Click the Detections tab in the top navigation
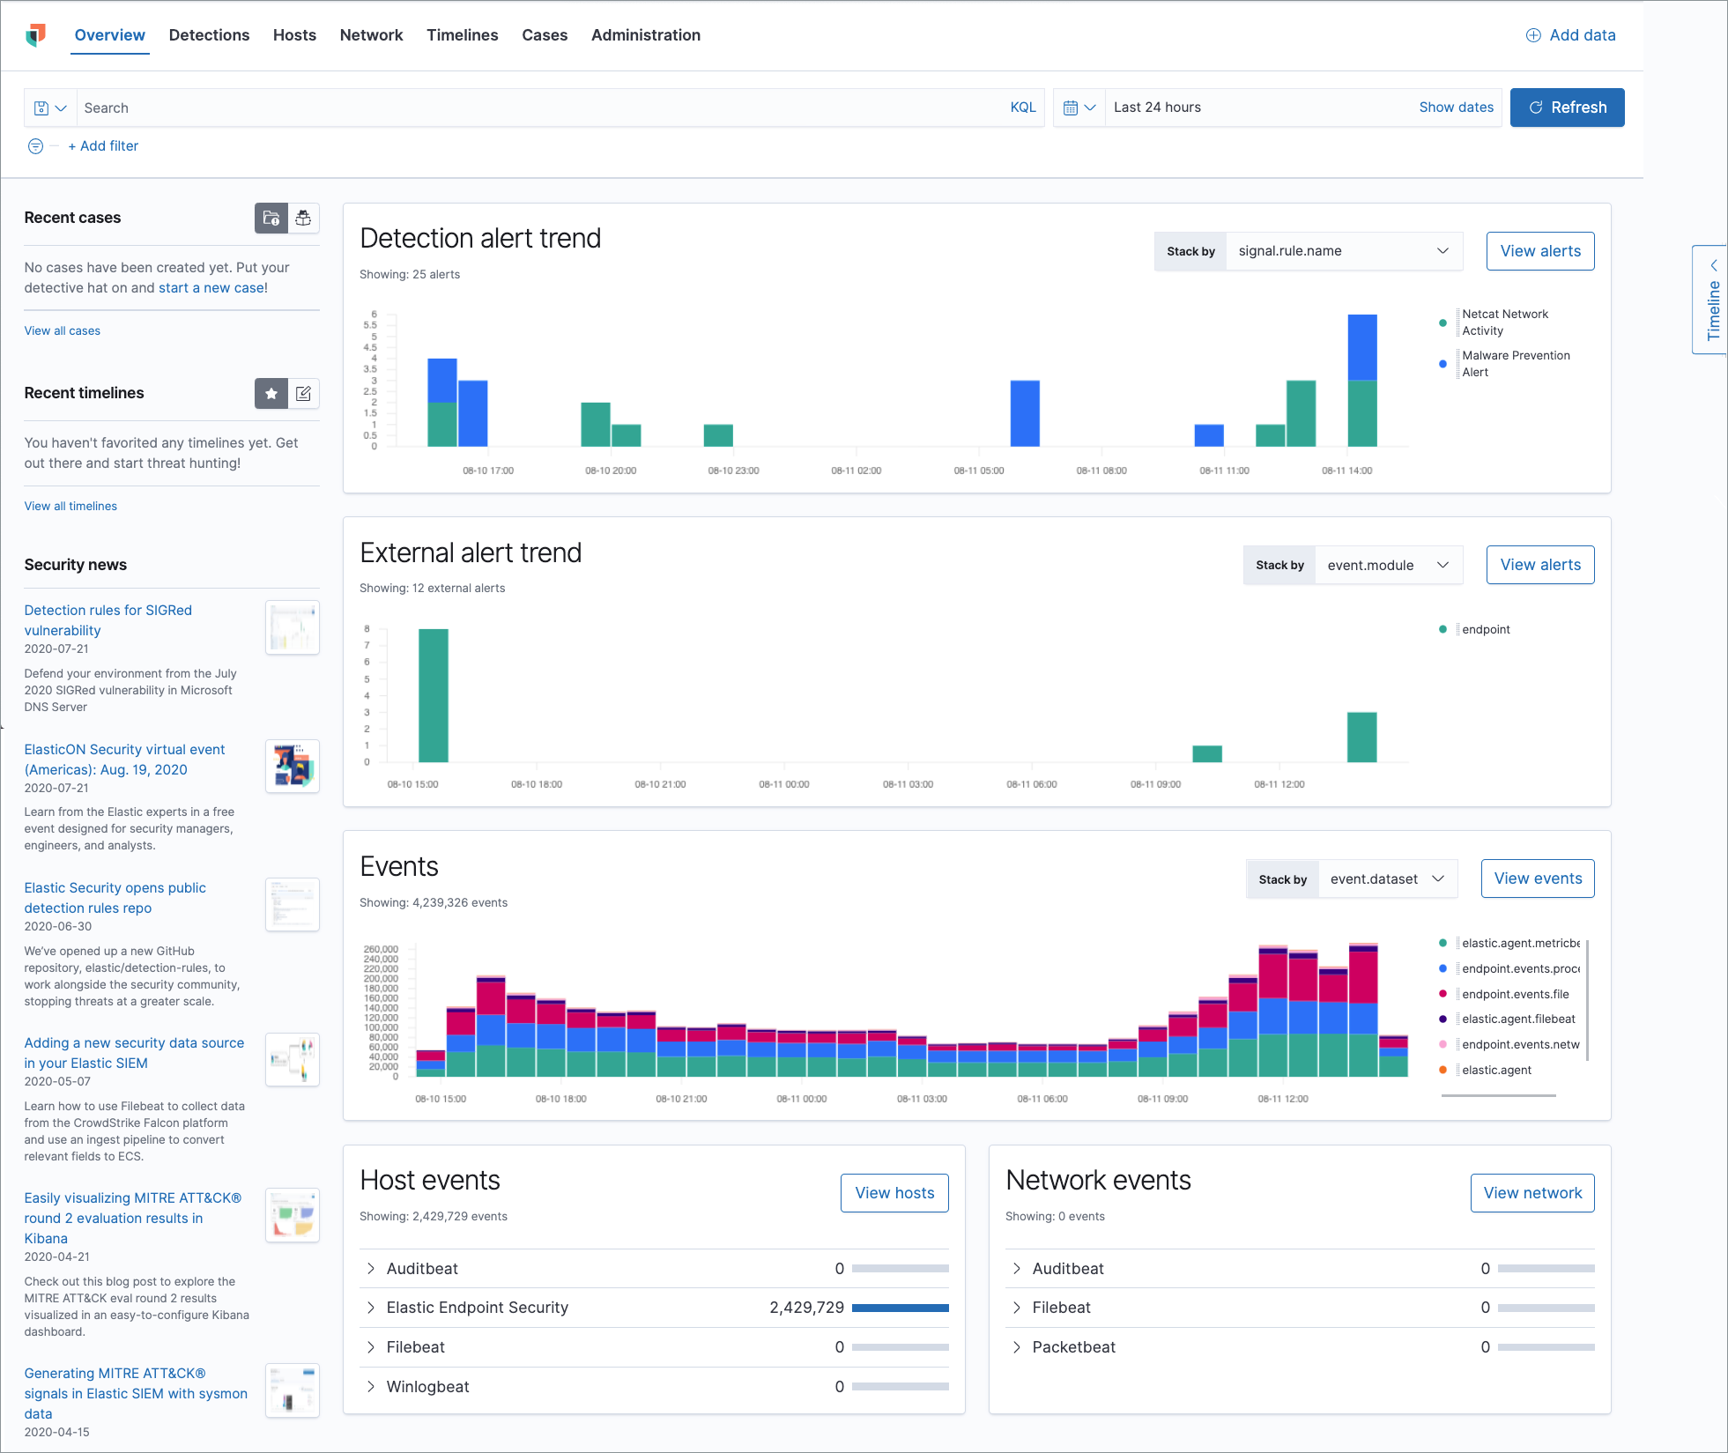click(209, 35)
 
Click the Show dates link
click(1456, 107)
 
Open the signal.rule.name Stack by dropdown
click(1343, 251)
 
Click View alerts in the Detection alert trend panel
click(1539, 251)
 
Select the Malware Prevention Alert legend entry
click(1515, 364)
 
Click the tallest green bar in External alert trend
click(433, 695)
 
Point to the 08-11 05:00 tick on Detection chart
click(978, 471)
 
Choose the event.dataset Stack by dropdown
click(1387, 879)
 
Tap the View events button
click(1537, 878)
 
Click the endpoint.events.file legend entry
click(1515, 994)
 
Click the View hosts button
click(894, 1193)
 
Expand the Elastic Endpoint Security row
click(371, 1308)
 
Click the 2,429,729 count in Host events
click(806, 1308)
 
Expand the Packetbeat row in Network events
click(1017, 1347)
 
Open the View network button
click(1531, 1193)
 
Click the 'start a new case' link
click(211, 288)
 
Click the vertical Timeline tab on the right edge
click(1712, 300)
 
